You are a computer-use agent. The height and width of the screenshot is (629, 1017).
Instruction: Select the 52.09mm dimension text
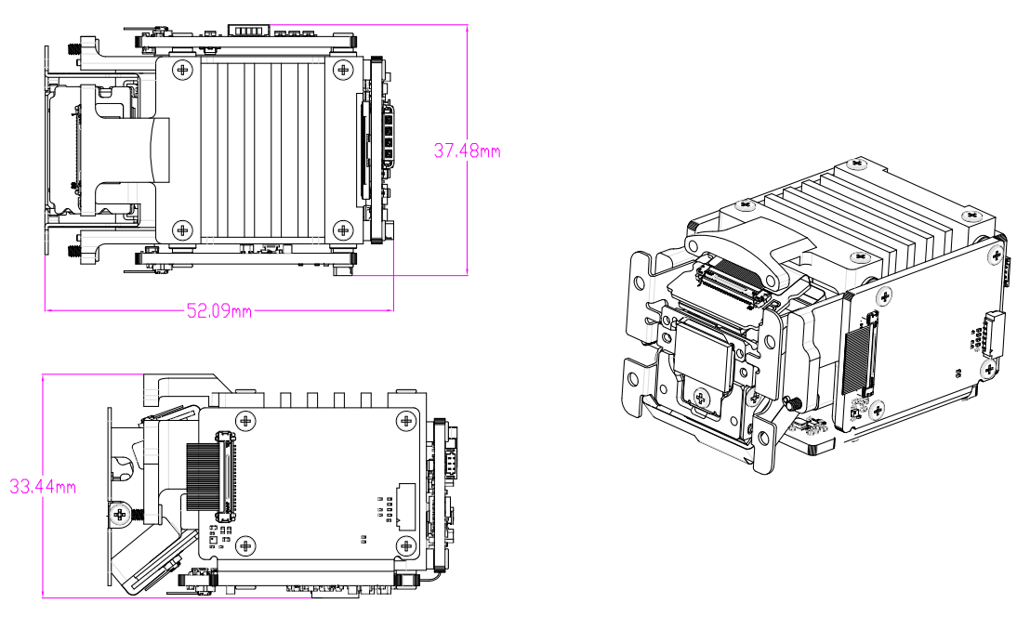pyautogui.click(x=219, y=311)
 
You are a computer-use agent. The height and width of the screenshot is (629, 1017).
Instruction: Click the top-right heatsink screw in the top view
pyautogui.click(x=343, y=70)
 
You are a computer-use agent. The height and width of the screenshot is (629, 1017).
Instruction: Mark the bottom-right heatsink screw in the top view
pyautogui.click(x=343, y=229)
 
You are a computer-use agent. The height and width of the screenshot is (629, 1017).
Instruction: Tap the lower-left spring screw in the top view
pyautogui.click(x=74, y=251)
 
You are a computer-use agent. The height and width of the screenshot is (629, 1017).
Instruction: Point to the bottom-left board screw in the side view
pyautogui.click(x=245, y=545)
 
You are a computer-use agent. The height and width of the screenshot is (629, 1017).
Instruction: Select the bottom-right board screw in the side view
pyautogui.click(x=405, y=545)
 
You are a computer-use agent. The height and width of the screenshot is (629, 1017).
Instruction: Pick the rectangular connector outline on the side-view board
pyautogui.click(x=407, y=505)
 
